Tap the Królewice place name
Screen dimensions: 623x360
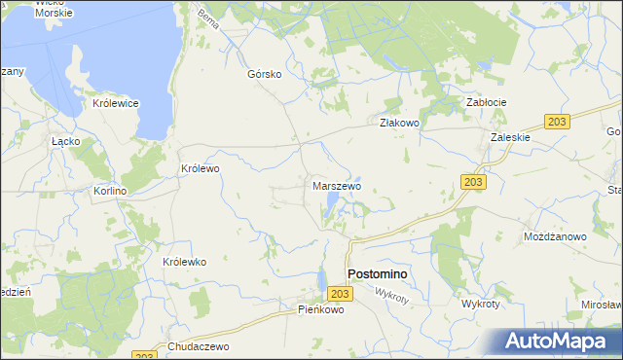(116, 103)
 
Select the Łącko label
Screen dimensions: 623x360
(65, 140)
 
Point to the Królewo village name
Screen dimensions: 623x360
(201, 168)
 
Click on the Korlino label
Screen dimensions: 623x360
(110, 192)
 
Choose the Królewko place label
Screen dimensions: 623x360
(185, 263)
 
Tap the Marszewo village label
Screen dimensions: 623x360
(337, 185)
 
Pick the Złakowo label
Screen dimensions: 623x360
(398, 123)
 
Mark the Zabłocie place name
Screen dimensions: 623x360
(487, 102)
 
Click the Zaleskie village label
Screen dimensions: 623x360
(510, 137)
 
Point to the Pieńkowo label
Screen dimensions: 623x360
(321, 310)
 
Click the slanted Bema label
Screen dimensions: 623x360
(208, 18)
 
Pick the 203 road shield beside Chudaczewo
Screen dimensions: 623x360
(142, 356)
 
